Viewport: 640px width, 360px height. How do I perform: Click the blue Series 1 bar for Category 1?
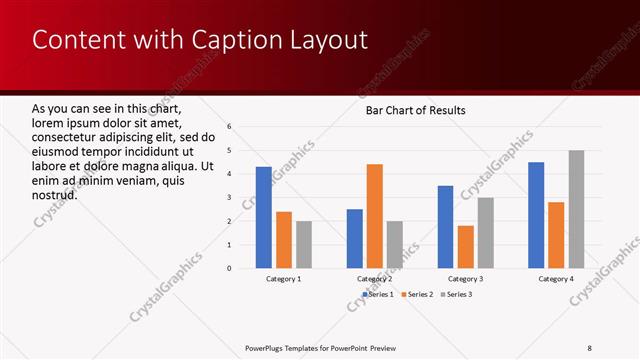coord(264,217)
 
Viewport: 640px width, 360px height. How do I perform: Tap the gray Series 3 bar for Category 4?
coord(577,209)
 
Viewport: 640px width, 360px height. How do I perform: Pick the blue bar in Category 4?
coord(536,215)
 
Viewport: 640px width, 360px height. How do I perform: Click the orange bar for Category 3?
coord(465,246)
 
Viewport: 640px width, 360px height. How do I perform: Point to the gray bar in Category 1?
coord(304,244)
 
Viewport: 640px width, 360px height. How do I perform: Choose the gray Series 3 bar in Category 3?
coord(485,232)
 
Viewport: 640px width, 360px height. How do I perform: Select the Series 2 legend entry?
coord(416,295)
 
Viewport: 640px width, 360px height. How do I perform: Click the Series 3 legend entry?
coord(460,295)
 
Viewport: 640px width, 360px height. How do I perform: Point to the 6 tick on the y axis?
coord(230,127)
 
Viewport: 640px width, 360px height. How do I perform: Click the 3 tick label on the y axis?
coord(230,197)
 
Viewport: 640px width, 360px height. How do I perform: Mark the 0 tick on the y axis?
coord(230,268)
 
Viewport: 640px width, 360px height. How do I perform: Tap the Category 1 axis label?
coord(284,279)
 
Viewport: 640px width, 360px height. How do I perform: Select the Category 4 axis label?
coord(557,279)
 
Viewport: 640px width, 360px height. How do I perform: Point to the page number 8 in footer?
coord(590,347)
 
